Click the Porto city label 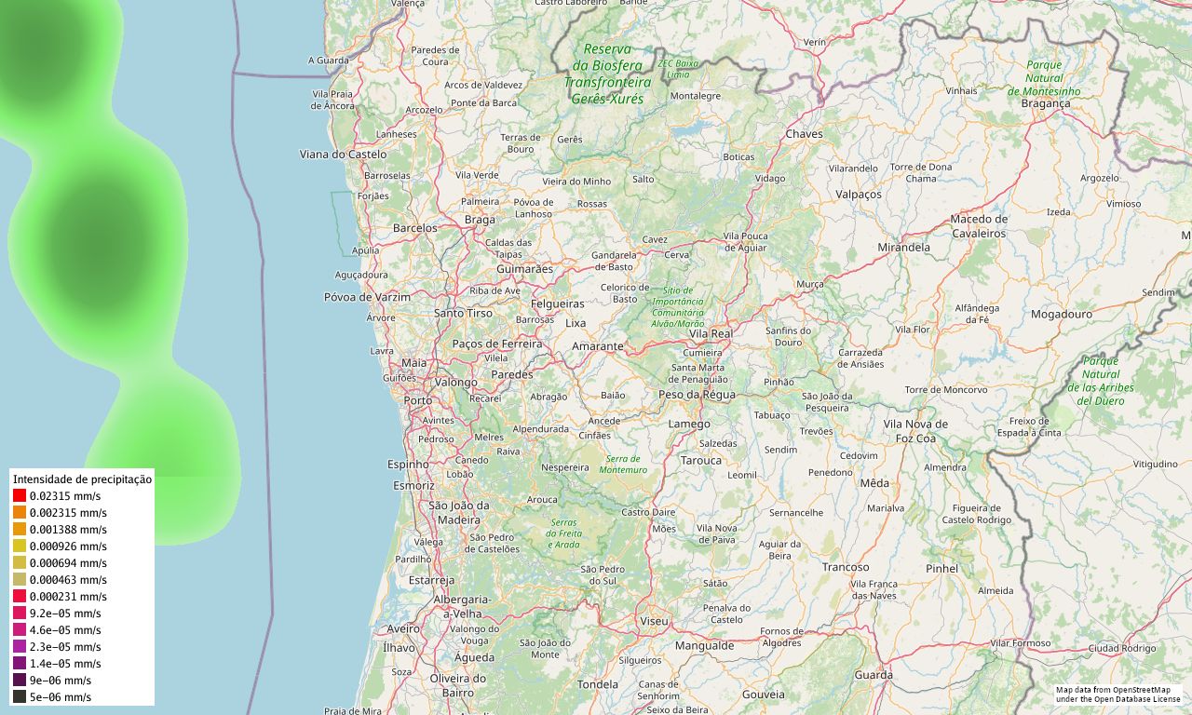point(418,400)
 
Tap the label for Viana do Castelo point(343,154)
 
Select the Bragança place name point(1046,103)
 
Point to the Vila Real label point(711,333)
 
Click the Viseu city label point(654,620)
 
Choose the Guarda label point(874,675)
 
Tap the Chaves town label point(805,134)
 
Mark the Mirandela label point(903,248)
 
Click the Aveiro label point(403,629)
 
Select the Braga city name point(480,220)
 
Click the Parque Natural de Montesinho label point(1044,78)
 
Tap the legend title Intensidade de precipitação point(82,479)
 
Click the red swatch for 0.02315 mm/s point(20,495)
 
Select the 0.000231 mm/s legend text point(68,596)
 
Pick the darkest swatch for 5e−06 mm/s point(20,696)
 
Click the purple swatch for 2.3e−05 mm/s point(20,646)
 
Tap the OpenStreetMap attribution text point(1117,694)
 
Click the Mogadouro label point(1061,315)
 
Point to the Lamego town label point(689,424)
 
